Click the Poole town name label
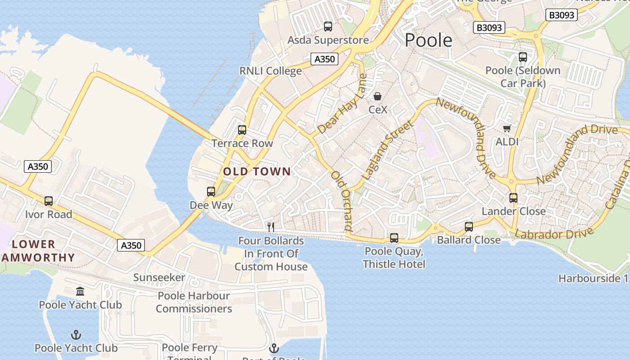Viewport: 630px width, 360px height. [428, 40]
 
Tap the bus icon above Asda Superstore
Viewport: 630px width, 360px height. [328, 27]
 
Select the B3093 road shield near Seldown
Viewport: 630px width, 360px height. [490, 28]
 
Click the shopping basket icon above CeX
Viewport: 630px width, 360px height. [378, 96]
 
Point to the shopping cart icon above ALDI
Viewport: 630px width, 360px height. [507, 129]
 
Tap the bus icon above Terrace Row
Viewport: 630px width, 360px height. [242, 130]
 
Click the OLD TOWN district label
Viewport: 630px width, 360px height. [257, 171]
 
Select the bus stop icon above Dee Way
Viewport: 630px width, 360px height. [211, 192]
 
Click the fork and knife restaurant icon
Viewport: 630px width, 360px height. [271, 227]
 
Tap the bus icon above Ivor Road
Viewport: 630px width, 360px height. [49, 201]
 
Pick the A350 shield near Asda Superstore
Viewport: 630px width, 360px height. [324, 59]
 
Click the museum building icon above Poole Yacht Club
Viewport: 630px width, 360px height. [80, 291]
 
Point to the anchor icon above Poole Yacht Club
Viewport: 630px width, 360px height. [76, 334]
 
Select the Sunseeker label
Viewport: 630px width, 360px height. [159, 278]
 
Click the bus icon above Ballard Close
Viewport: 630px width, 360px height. [469, 226]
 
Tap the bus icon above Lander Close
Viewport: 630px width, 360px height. [513, 198]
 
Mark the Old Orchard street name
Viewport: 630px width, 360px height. [342, 200]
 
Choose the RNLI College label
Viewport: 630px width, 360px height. [270, 71]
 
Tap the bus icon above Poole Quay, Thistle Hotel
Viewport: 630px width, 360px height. [394, 238]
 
